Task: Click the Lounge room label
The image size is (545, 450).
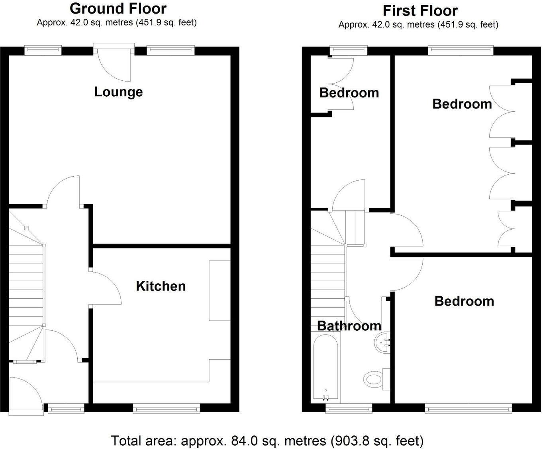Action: coord(118,92)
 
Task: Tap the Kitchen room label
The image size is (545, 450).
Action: coord(161,286)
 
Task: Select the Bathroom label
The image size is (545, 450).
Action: coord(349,326)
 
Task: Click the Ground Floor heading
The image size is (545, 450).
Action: coord(118,8)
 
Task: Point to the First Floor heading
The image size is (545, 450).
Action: coord(420,10)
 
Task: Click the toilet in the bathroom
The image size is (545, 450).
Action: coord(374,378)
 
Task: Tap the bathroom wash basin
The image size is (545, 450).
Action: coord(383,343)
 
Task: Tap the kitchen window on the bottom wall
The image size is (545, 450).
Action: coord(166,407)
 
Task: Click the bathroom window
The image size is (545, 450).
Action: coord(349,407)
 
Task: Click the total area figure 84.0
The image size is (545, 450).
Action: coord(244,441)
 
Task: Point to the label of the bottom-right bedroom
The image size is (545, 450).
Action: coord(464,301)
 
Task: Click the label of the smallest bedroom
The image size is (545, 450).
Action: coord(349,93)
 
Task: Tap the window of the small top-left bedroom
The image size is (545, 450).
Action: coord(349,49)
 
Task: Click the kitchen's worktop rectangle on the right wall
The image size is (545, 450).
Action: coord(220,290)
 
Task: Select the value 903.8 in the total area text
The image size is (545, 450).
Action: coord(348,441)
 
